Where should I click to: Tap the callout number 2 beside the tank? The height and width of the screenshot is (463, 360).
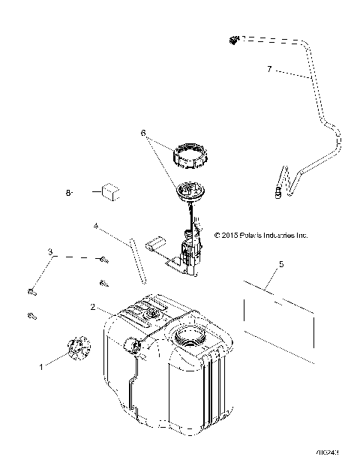click(92, 307)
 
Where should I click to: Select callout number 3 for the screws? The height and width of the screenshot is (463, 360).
click(51, 252)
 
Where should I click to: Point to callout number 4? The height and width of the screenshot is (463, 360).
click(96, 224)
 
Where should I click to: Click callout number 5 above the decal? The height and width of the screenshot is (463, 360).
click(280, 264)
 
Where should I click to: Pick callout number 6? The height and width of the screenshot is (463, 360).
click(142, 133)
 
